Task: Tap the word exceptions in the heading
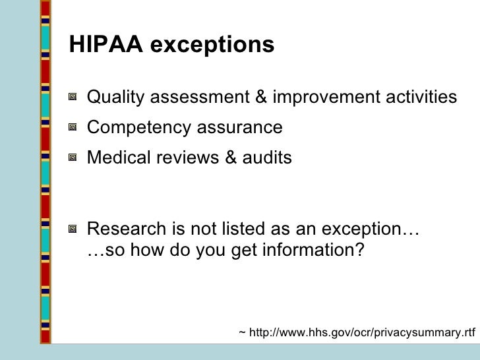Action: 212,45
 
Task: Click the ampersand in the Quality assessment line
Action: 262,98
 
